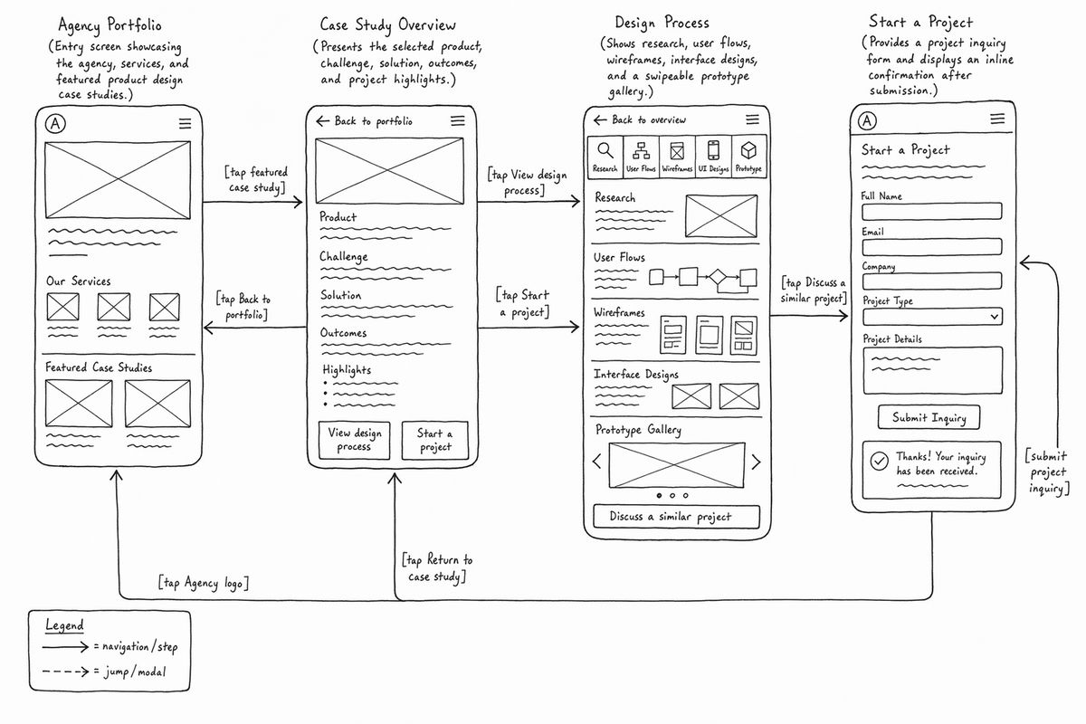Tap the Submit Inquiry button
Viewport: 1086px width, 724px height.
pyautogui.click(x=929, y=417)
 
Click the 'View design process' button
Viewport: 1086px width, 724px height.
pyautogui.click(x=355, y=440)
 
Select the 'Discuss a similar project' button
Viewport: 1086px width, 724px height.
pyautogui.click(x=676, y=517)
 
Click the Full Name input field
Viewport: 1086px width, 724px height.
pyautogui.click(x=932, y=212)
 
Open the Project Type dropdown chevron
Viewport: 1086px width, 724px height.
pyautogui.click(x=995, y=317)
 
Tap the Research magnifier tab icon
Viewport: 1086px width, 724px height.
pyautogui.click(x=605, y=150)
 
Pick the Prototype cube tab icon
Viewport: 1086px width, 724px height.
pyautogui.click(x=748, y=150)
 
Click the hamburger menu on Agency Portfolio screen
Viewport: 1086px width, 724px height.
pyautogui.click(x=185, y=124)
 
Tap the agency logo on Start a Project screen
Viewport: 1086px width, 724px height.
pyautogui.click(x=867, y=120)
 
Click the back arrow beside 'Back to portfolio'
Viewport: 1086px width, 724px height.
pyautogui.click(x=322, y=120)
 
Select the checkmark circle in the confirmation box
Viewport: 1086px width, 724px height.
pyautogui.click(x=879, y=462)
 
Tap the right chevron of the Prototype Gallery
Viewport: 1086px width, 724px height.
pyautogui.click(x=756, y=462)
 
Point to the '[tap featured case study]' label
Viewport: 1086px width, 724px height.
pyautogui.click(x=256, y=179)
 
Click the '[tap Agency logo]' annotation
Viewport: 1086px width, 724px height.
pyautogui.click(x=204, y=583)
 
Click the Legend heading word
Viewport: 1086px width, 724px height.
pyautogui.click(x=64, y=625)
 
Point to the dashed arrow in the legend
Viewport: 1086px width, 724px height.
pyautogui.click(x=65, y=672)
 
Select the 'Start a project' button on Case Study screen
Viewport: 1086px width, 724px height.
pyautogui.click(x=435, y=440)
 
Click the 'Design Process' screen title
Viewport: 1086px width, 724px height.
pyautogui.click(x=662, y=23)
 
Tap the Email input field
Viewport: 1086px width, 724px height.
pyautogui.click(x=932, y=247)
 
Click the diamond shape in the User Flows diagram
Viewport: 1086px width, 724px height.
pyautogui.click(x=717, y=277)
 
